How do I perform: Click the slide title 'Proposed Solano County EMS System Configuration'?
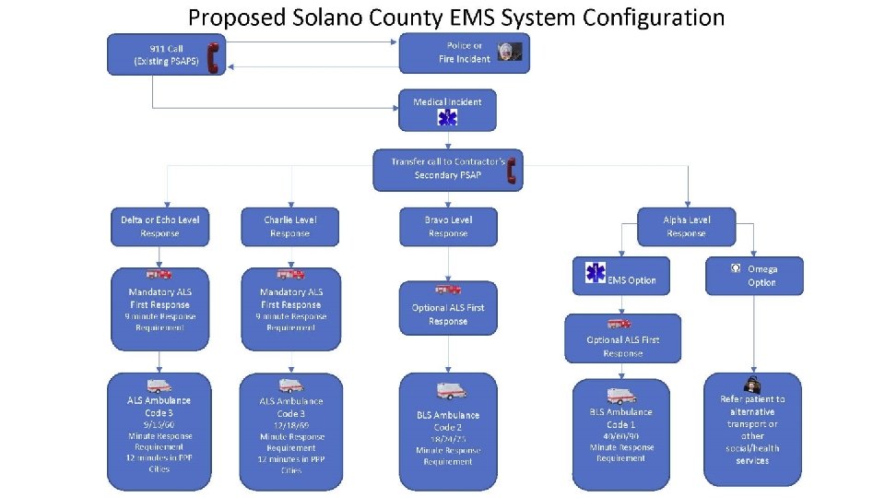[456, 17]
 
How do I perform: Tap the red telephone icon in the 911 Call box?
[213, 56]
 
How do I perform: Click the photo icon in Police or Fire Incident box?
[509, 52]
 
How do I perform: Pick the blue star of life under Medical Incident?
[447, 118]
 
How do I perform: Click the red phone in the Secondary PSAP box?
[512, 171]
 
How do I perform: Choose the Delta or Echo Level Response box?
[159, 226]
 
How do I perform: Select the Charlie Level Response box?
[289, 226]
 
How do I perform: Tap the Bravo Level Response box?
[448, 226]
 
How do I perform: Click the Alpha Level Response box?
[687, 226]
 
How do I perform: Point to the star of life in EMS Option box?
[596, 273]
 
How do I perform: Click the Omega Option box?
[754, 275]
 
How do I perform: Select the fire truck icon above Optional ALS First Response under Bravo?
[448, 289]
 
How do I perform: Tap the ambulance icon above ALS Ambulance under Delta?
[159, 385]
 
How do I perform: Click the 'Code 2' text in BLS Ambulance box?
[448, 428]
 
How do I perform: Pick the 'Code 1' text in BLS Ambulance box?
[620, 424]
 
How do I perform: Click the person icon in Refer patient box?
[752, 384]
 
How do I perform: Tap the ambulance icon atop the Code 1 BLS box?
[620, 395]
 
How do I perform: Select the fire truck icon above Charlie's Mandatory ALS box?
[290, 274]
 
